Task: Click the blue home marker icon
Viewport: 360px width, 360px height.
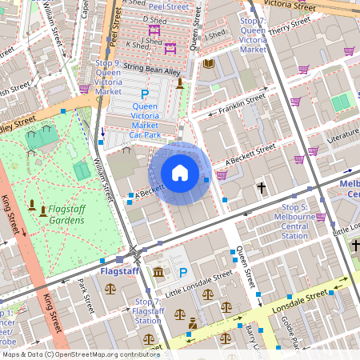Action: pos(180,172)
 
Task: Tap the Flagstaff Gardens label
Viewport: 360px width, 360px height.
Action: pos(66,214)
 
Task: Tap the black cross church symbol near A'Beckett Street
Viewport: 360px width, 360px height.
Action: pos(261,189)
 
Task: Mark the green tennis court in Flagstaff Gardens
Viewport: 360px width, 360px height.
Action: pos(82,170)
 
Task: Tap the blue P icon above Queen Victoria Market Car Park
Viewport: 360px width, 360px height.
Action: pos(145,94)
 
